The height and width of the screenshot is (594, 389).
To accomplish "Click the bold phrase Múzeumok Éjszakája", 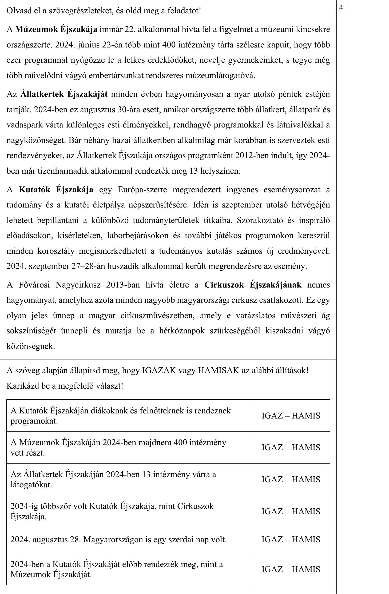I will [x=56, y=29].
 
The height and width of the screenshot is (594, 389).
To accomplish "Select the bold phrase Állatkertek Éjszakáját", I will [x=64, y=94].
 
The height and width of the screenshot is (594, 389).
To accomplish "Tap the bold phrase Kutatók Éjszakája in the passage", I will [x=56, y=190].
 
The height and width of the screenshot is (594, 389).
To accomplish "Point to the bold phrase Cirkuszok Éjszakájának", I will [x=253, y=285].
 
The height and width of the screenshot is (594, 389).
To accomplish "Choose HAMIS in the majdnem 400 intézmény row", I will [x=306, y=447].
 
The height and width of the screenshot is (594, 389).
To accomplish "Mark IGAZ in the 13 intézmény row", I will [x=270, y=479].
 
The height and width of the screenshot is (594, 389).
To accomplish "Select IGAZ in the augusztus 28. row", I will [x=270, y=539].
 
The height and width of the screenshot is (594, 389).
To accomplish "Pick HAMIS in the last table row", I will [x=306, y=569].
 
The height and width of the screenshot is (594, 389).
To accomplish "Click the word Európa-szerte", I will [x=142, y=190].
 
